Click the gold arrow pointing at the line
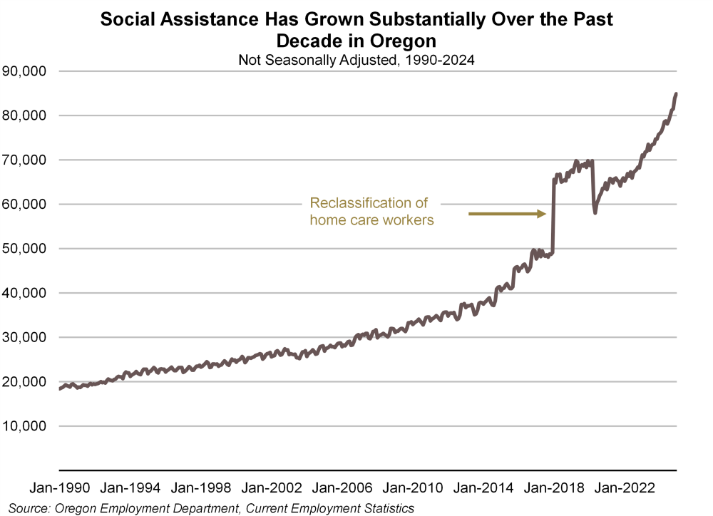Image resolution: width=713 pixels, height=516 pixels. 507,213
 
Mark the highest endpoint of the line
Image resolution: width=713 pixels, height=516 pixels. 676,93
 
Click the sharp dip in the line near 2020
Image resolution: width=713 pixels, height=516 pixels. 595,212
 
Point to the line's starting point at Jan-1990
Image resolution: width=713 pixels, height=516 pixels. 60,388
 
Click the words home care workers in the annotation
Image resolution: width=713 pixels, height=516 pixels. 371,220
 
